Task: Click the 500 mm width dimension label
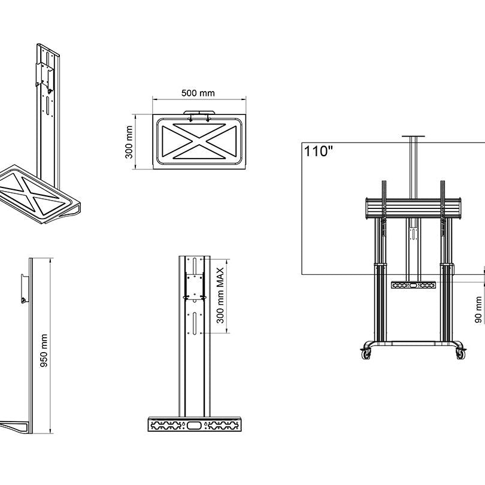click(x=198, y=93)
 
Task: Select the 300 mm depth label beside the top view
click(x=128, y=143)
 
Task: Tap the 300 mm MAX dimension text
click(x=220, y=295)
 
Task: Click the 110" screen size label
click(x=318, y=151)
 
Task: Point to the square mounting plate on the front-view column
click(x=195, y=286)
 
